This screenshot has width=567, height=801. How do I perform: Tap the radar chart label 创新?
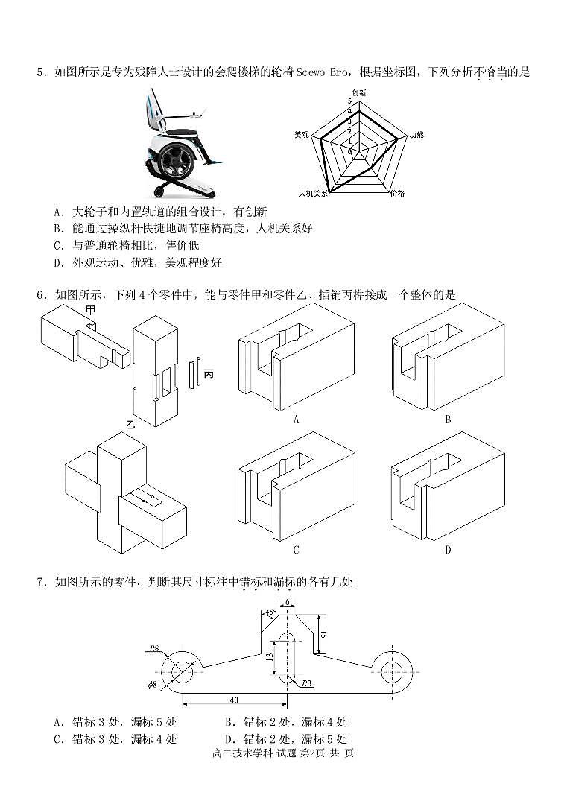[359, 92]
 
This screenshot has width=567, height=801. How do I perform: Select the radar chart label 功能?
[416, 135]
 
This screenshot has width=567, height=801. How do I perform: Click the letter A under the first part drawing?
[296, 420]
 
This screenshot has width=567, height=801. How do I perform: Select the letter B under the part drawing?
[448, 420]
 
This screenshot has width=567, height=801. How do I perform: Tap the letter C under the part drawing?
[296, 551]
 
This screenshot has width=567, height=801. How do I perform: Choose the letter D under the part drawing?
[448, 551]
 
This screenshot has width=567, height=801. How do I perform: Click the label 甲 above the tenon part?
[90, 309]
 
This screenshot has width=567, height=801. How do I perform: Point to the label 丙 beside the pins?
[208, 373]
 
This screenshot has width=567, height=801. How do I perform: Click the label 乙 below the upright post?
[130, 425]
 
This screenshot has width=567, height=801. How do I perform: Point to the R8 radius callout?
[154, 648]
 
